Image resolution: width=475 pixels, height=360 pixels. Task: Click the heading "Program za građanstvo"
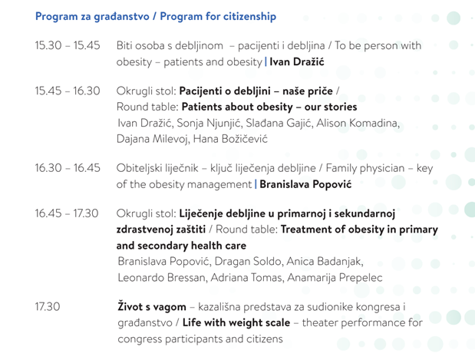(x=92, y=16)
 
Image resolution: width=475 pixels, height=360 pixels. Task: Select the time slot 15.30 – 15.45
(x=68, y=45)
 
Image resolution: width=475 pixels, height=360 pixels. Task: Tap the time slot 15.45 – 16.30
(x=68, y=91)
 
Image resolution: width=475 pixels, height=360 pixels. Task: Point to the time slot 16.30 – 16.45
(x=68, y=167)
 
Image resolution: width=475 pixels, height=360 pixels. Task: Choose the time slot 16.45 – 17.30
(x=67, y=213)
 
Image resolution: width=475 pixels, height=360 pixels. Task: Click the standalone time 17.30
(x=48, y=306)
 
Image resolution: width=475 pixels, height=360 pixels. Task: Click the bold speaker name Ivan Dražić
(x=297, y=62)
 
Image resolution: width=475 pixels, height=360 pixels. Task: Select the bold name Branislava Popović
(x=305, y=184)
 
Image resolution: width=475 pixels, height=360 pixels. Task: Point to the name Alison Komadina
(x=358, y=123)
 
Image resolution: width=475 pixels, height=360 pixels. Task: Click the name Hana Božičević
(x=230, y=139)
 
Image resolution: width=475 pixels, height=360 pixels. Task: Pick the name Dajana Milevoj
(x=152, y=139)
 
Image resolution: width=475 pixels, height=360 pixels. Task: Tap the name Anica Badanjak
(x=325, y=261)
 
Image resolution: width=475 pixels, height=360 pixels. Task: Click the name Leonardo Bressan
(x=161, y=278)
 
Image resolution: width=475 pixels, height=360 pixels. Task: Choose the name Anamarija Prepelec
(x=335, y=278)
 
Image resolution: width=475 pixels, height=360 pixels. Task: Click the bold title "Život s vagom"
(x=152, y=306)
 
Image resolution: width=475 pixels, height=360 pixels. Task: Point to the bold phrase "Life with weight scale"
(x=236, y=322)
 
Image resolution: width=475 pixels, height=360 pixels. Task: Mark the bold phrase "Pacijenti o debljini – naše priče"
(x=256, y=91)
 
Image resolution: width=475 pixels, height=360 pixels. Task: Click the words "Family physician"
(x=365, y=168)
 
